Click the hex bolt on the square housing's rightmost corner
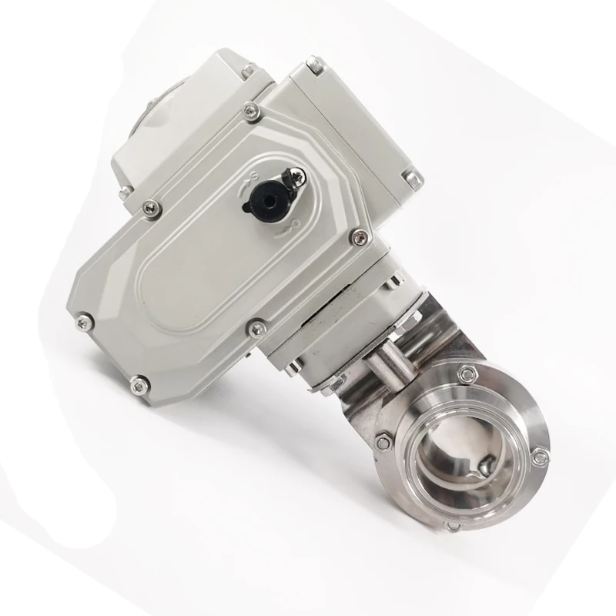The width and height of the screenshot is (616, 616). pos(415,179)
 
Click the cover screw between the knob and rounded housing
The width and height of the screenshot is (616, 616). pos(152,206)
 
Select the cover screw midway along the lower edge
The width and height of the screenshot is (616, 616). pos(255,330)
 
